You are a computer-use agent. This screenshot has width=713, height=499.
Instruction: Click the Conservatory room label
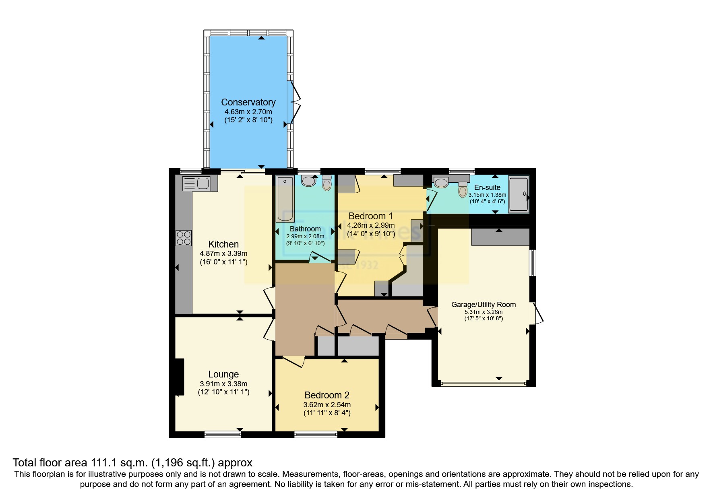pyautogui.click(x=248, y=102)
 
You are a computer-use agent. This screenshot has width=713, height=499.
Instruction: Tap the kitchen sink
pyautogui.click(x=196, y=184)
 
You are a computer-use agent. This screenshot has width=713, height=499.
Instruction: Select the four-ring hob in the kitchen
pyautogui.click(x=184, y=238)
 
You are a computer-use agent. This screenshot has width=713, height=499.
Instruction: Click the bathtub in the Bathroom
pyautogui.click(x=285, y=199)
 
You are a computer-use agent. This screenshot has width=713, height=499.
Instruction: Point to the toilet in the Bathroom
pyautogui.click(x=327, y=183)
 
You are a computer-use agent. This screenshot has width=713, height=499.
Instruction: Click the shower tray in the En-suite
pyautogui.click(x=519, y=194)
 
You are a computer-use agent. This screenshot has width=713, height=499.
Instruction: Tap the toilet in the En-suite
pyautogui.click(x=463, y=189)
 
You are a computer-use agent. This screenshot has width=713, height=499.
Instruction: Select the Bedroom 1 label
pyautogui.click(x=370, y=216)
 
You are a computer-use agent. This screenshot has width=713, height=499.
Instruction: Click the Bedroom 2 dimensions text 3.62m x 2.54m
pyautogui.click(x=327, y=405)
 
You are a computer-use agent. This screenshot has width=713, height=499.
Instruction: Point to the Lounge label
pyautogui.click(x=223, y=374)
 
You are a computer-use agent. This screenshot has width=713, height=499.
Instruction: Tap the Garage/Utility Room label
pyautogui.click(x=483, y=305)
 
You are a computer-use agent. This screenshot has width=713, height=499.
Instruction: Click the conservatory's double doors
pyautogui.click(x=296, y=102)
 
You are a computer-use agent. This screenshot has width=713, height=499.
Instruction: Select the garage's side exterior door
pyautogui.click(x=538, y=313)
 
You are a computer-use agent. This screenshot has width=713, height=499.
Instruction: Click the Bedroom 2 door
pyautogui.click(x=293, y=361)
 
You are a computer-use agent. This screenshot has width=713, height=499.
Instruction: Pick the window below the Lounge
pyautogui.click(x=223, y=434)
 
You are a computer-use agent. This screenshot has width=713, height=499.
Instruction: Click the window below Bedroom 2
pyautogui.click(x=316, y=434)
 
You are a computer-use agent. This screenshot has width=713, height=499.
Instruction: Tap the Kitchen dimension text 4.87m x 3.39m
pyautogui.click(x=223, y=254)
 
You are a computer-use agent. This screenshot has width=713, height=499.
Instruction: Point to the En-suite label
pyautogui.click(x=487, y=188)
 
